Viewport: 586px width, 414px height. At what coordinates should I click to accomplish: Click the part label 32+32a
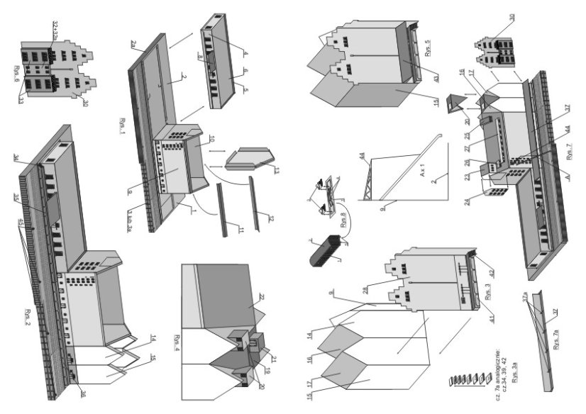(x=54, y=32)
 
